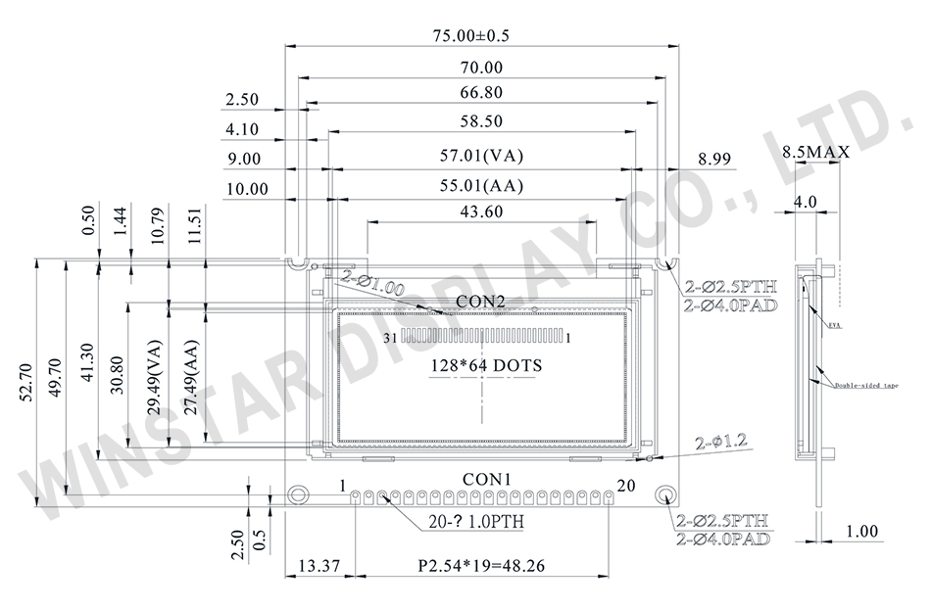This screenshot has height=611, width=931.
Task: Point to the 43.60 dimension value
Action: [481, 211]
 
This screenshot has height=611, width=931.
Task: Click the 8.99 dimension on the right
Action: [717, 157]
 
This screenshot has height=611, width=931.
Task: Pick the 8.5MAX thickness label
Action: [815, 153]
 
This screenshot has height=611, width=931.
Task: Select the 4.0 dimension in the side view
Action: [805, 202]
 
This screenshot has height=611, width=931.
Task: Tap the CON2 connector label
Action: [480, 300]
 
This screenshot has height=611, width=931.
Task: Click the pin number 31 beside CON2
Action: [390, 338]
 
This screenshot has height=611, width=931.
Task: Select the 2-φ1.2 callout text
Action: [722, 443]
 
